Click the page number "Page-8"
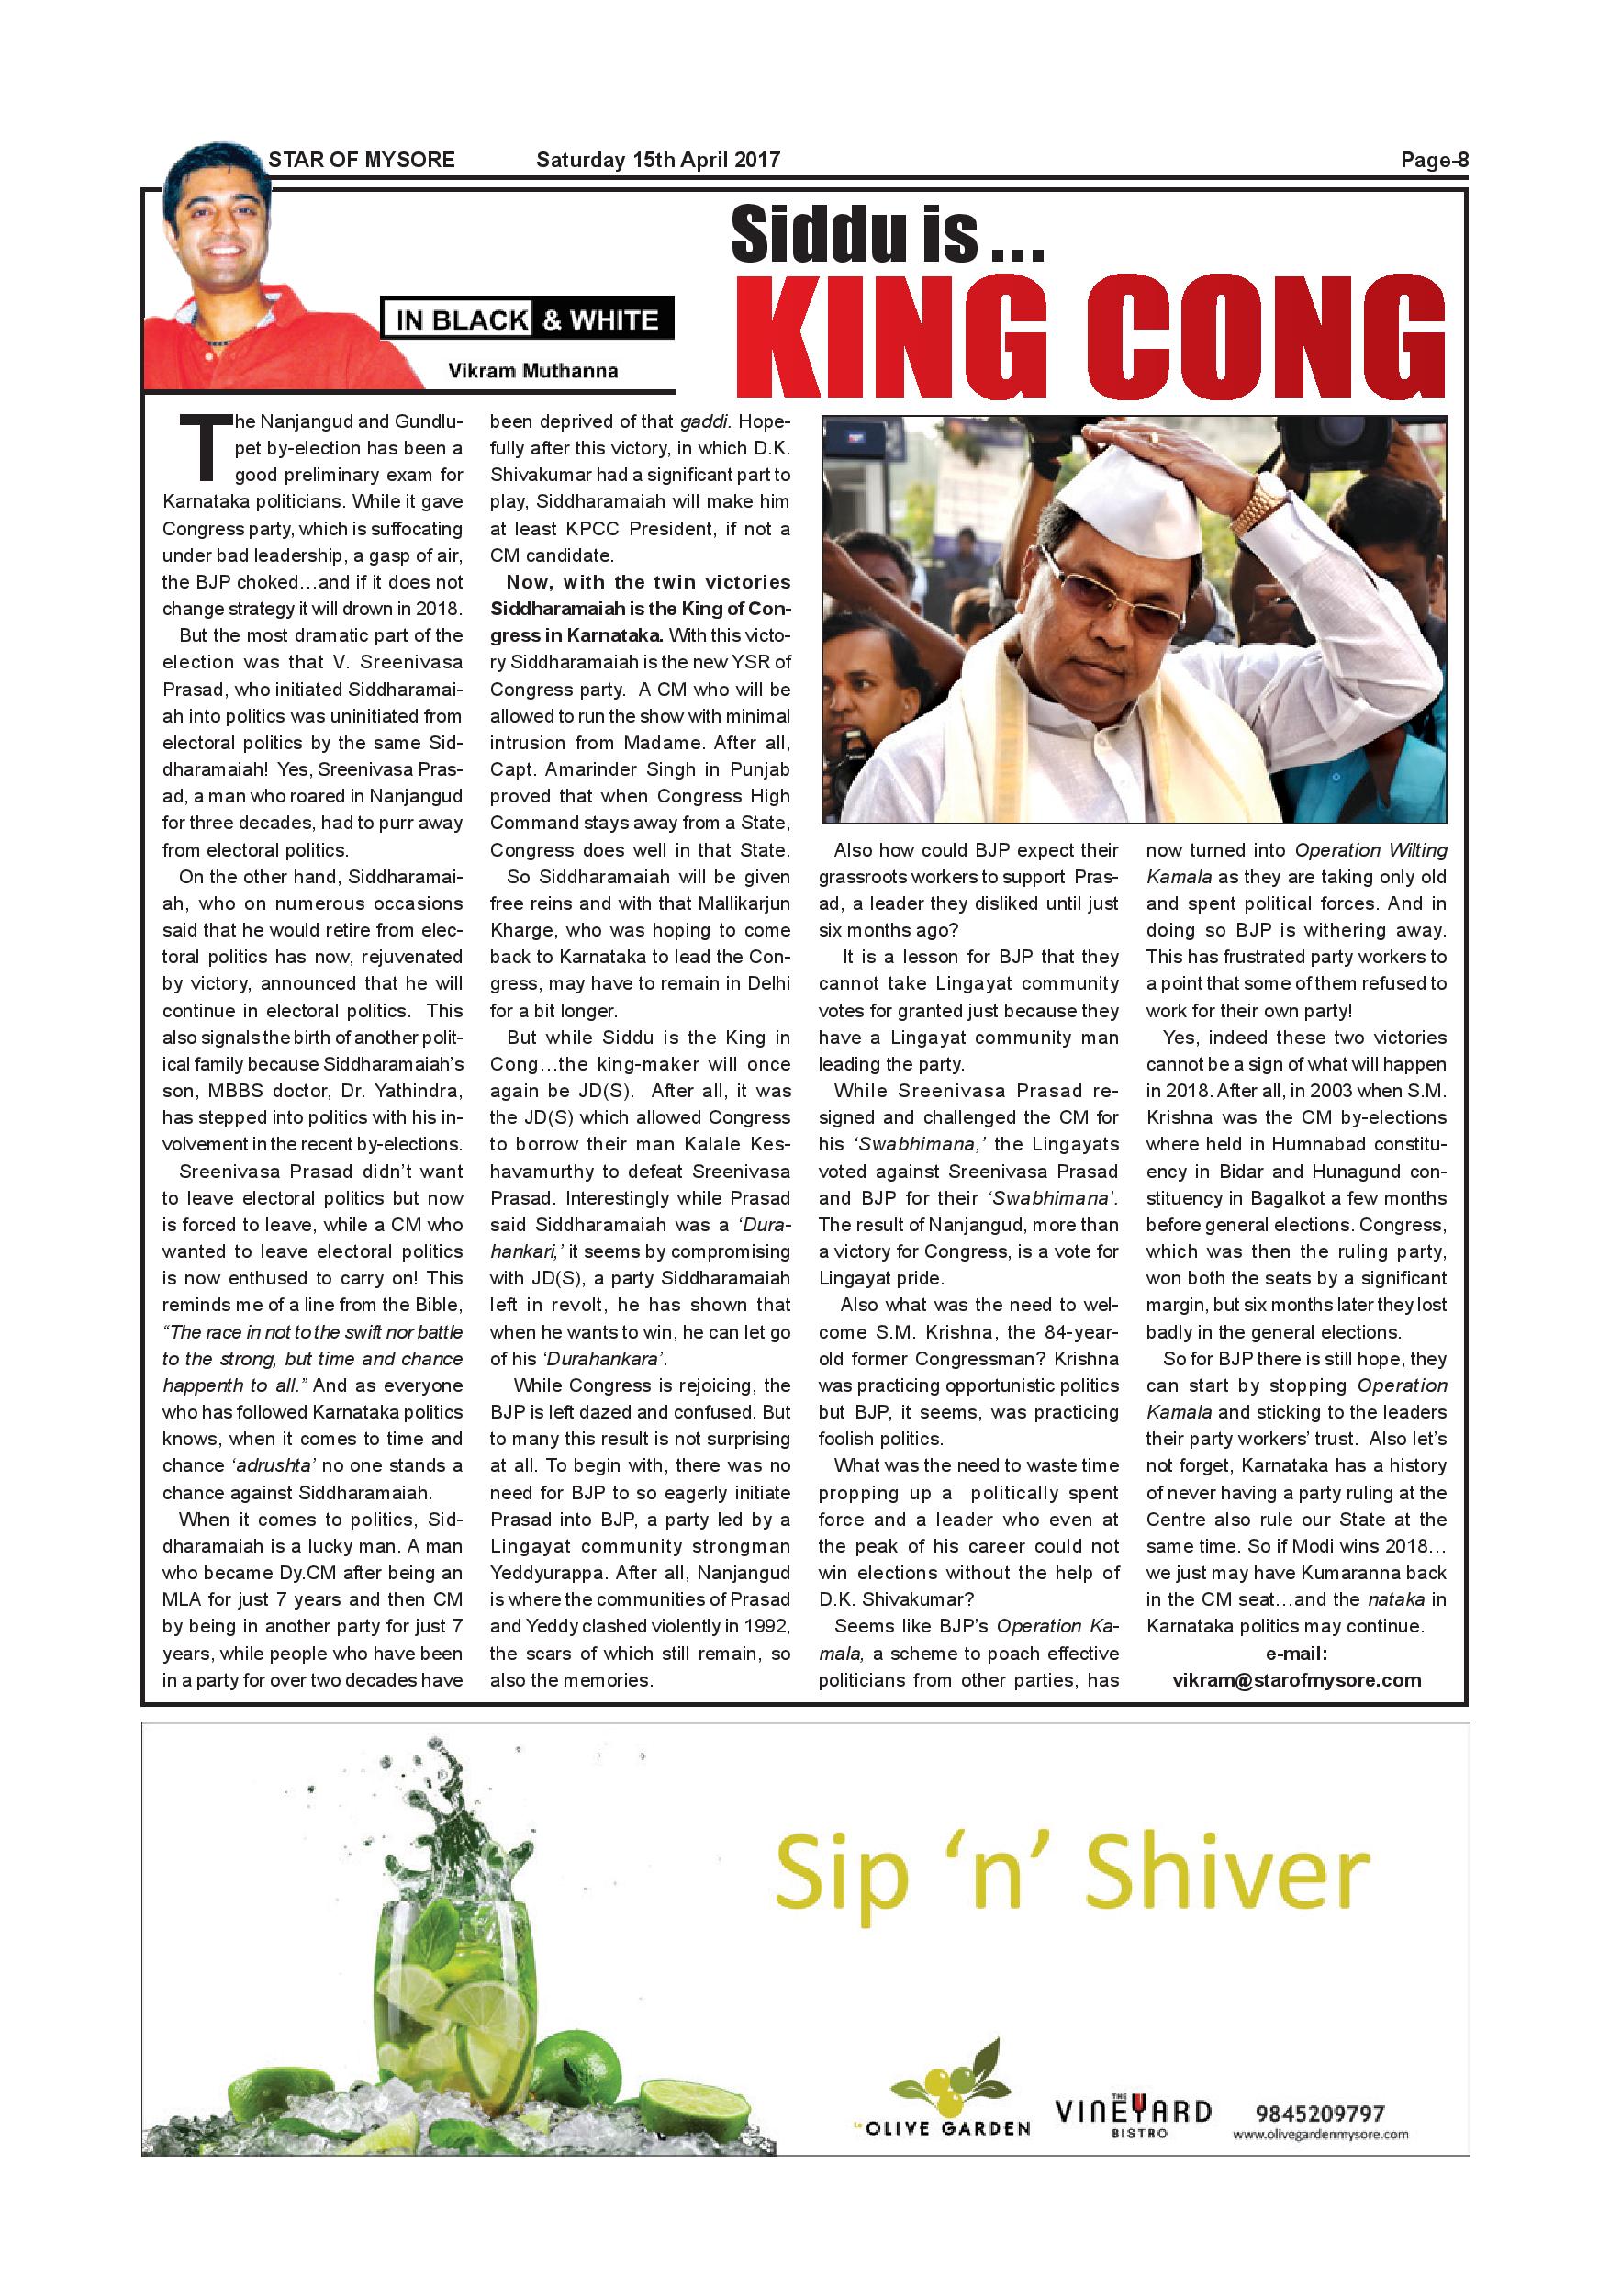tap(1433, 161)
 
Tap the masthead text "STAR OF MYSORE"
tap(361, 160)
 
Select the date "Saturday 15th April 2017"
tap(657, 160)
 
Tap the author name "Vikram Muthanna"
tap(532, 371)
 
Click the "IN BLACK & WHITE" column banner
tap(527, 320)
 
